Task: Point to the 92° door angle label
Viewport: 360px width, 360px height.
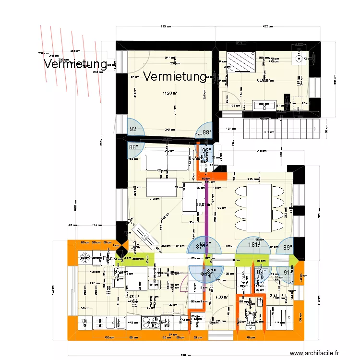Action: point(134,129)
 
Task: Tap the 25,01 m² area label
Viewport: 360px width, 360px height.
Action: point(204,204)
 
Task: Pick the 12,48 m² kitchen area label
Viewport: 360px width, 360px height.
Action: point(131,297)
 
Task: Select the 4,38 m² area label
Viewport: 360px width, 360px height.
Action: point(222,297)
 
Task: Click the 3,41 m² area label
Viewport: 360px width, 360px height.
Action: point(276,296)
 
